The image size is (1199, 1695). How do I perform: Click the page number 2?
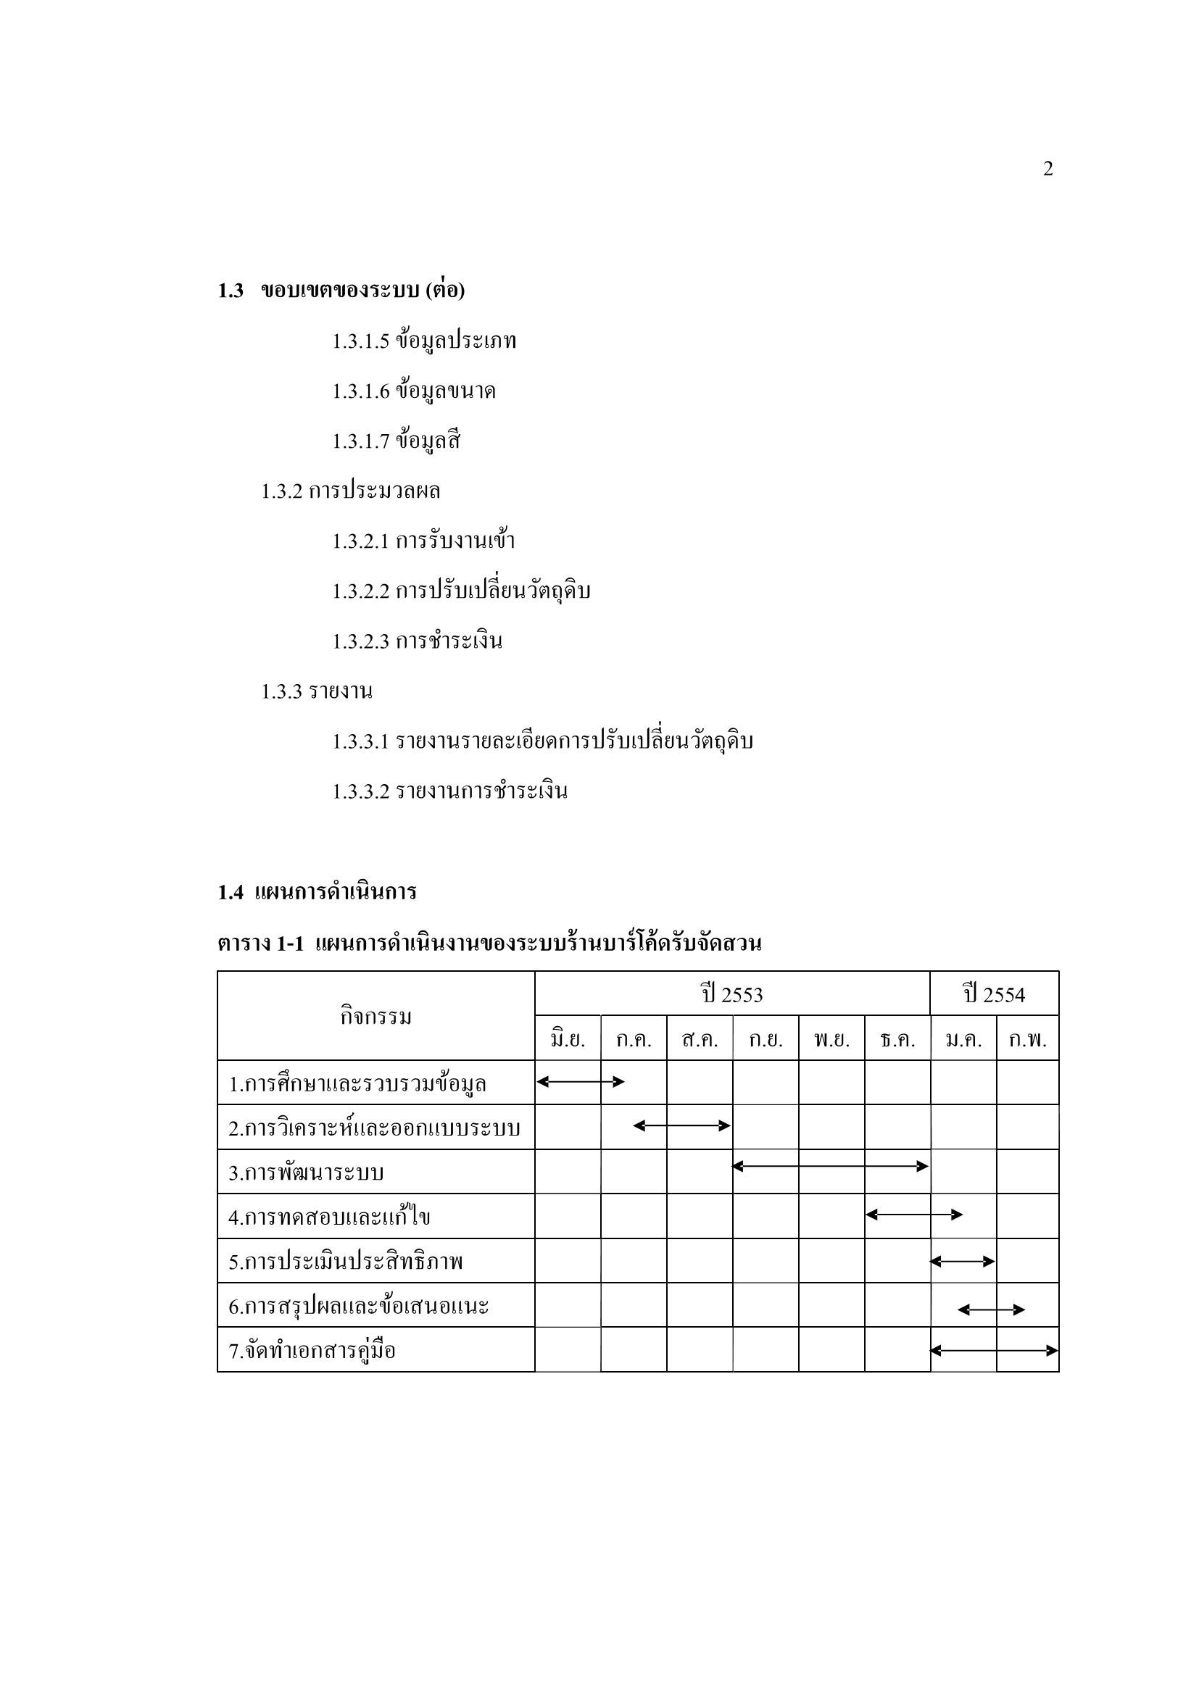1047,170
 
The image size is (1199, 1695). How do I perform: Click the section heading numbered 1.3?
341,291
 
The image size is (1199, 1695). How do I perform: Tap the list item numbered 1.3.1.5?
424,341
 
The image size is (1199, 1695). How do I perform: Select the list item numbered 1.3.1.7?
397,441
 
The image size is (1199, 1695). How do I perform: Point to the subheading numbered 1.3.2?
351,491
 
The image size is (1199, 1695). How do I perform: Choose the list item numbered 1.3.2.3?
417,641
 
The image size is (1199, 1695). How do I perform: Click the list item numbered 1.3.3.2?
449,791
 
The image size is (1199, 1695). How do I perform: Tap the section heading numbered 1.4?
318,892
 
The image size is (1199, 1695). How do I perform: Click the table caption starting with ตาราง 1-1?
489,944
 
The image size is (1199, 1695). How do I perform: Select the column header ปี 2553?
731,994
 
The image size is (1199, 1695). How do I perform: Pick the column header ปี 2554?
994,994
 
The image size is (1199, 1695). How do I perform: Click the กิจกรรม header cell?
376,1017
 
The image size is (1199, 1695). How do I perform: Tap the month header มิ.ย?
568,1039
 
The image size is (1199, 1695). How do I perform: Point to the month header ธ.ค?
897,1039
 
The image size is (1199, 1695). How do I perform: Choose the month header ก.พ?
1028,1039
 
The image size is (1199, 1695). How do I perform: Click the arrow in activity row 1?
581,1082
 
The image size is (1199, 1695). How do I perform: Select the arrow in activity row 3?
831,1167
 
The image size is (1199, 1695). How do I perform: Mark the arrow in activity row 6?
991,1309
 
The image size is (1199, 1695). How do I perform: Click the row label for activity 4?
329,1217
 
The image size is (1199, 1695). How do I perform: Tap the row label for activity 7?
312,1351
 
